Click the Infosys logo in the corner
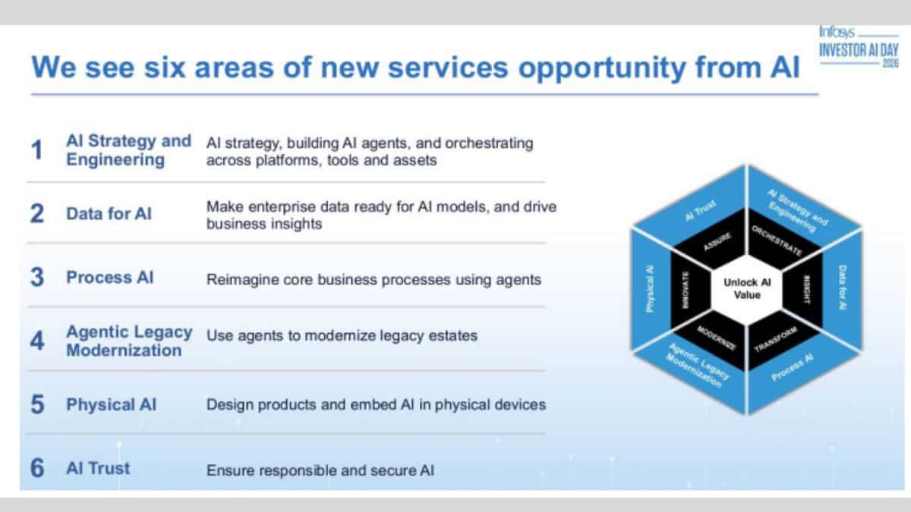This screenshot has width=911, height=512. point(837,32)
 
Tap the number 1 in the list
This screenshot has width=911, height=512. point(36,150)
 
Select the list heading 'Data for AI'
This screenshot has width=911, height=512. point(109,214)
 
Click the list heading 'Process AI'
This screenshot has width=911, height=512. point(109,278)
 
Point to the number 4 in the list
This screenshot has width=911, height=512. point(36,341)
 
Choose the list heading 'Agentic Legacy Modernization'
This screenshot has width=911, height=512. point(128,341)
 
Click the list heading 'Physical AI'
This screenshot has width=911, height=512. point(111,404)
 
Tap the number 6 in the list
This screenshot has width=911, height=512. point(36,468)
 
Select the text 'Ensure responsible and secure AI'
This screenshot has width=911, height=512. point(320,470)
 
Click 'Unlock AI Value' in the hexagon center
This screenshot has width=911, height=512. point(747,289)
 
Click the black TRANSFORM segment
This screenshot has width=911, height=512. point(776,338)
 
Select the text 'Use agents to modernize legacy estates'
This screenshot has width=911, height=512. point(342,335)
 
